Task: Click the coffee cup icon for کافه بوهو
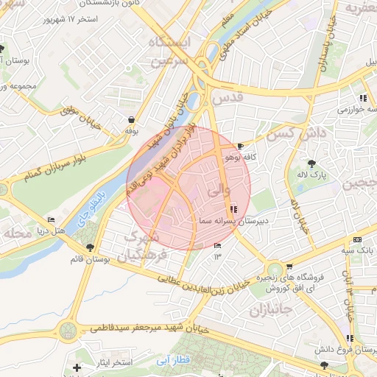(x=241, y=146)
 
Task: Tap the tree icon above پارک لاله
(x=312, y=163)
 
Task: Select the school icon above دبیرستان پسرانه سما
(x=234, y=208)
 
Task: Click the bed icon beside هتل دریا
(x=51, y=220)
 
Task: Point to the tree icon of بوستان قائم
(x=90, y=247)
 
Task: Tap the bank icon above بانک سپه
(x=357, y=239)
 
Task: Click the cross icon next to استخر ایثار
(x=77, y=366)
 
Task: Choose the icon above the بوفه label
(x=131, y=119)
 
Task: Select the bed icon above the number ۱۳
(x=217, y=245)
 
